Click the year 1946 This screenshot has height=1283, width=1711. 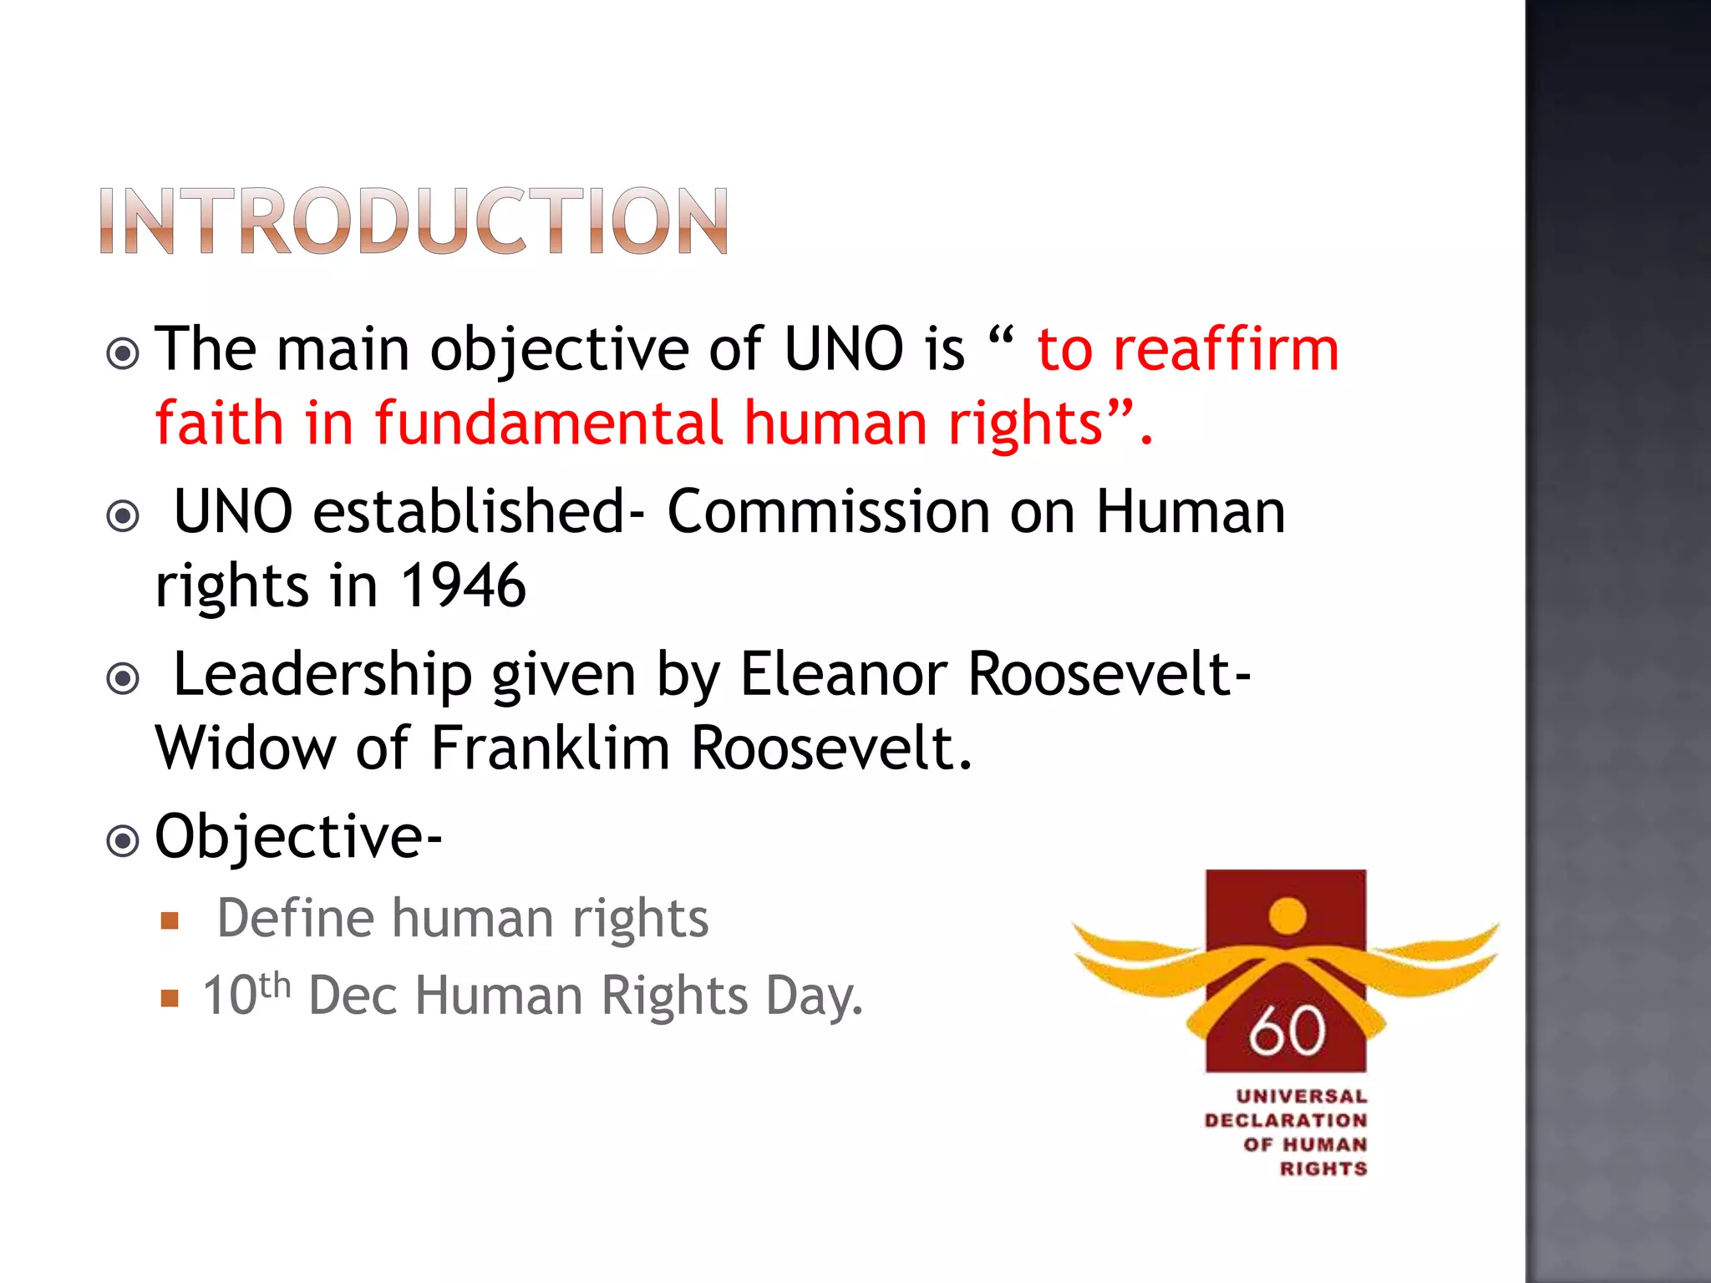click(x=463, y=586)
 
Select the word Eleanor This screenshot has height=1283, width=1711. click(x=844, y=674)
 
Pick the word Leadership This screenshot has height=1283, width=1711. click(x=322, y=674)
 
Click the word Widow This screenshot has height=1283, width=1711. click(x=246, y=748)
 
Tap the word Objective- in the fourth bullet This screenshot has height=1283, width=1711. click(x=298, y=837)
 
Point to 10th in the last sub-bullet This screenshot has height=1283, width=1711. click(x=246, y=994)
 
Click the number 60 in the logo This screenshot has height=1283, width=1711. click(x=1287, y=1031)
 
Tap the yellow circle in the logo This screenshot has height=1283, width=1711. click(x=1287, y=915)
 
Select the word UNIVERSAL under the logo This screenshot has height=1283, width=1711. click(x=1301, y=1096)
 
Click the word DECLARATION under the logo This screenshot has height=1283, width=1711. click(x=1286, y=1120)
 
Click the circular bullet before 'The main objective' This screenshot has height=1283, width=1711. click(x=124, y=354)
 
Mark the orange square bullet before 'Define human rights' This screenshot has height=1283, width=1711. click(x=170, y=921)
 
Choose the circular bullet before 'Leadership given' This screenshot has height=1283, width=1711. click(x=124, y=678)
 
